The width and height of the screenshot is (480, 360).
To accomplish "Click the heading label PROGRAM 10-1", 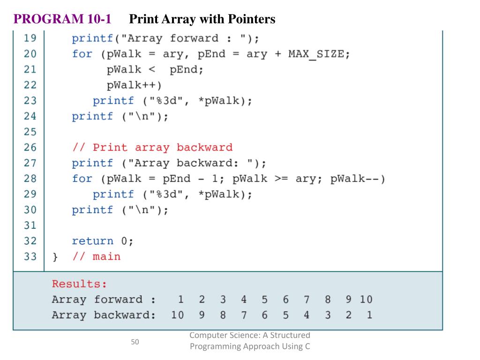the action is tap(62, 19).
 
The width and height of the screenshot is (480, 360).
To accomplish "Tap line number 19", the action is tap(30, 38).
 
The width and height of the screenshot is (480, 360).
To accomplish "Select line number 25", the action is tap(30, 132).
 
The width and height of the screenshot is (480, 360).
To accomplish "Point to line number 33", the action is tap(30, 256).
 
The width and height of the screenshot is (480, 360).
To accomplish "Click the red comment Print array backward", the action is tap(152, 148).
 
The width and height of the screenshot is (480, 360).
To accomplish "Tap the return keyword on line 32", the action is tap(92, 241).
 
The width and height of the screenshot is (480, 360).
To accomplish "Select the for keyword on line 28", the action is tap(82, 179).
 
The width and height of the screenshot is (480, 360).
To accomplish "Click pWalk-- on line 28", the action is tap(357, 179).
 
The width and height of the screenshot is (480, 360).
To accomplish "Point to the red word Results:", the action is tap(79, 284).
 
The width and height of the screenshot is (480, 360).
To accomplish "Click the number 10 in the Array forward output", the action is tap(366, 300).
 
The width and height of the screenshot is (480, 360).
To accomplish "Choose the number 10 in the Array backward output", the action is tap(177, 315).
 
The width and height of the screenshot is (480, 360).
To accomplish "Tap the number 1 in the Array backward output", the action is tap(369, 315).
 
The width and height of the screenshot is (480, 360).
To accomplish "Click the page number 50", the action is tap(135, 342).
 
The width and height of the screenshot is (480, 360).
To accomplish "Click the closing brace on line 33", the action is tap(55, 257).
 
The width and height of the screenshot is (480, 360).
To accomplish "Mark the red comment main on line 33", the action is tap(106, 256).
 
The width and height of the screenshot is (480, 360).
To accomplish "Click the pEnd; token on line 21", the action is tap(187, 70).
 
